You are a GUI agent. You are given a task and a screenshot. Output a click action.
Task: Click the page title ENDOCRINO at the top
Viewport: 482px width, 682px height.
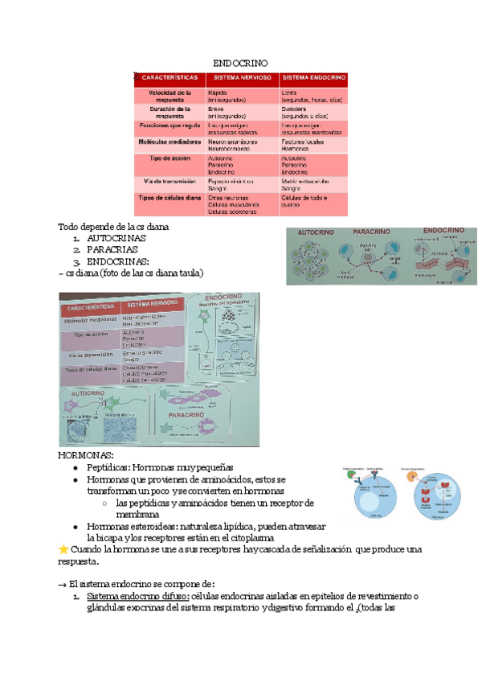[240, 63]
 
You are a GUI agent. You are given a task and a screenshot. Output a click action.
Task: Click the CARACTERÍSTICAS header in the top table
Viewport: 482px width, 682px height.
[170, 78]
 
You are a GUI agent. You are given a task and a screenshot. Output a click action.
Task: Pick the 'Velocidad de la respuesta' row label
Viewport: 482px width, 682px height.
[170, 97]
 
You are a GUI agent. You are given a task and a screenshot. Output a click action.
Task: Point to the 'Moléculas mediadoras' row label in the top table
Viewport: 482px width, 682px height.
[170, 141]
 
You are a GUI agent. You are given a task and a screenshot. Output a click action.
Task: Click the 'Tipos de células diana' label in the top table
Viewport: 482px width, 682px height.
[170, 197]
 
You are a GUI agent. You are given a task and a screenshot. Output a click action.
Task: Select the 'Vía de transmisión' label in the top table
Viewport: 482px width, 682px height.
[170, 182]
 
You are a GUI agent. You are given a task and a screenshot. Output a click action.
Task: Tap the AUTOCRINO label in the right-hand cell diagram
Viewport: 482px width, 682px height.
[316, 232]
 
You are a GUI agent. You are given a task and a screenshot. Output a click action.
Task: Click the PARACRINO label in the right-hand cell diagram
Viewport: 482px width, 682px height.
[370, 231]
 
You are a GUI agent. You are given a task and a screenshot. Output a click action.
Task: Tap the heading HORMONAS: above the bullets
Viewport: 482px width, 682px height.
[86, 455]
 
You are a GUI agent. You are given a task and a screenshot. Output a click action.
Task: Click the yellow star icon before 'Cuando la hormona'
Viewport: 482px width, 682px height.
[64, 549]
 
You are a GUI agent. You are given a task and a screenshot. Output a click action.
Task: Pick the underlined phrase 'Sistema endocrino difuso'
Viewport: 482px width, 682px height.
[137, 596]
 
